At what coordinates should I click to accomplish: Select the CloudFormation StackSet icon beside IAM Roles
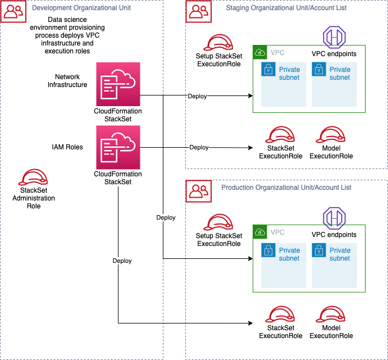coord(118,147)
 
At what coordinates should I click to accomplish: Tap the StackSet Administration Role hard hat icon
coord(33,179)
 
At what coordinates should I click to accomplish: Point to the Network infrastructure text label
coord(67,80)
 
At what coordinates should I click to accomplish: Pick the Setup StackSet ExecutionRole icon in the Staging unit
coord(219,43)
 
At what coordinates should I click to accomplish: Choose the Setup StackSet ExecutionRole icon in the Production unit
coord(219,222)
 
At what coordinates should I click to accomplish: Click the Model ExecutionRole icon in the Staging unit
coord(331,135)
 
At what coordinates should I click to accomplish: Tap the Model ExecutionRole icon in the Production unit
coord(331,315)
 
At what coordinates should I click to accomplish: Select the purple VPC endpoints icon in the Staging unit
coord(334,37)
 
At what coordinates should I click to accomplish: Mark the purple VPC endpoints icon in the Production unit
coord(334,217)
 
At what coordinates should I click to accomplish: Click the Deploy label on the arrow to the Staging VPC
coord(197,96)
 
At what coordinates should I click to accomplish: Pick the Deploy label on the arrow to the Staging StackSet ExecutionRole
coord(199,147)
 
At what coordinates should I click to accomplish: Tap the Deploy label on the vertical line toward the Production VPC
coord(166,217)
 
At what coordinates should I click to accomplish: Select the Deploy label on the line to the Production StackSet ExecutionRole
coord(122,261)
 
